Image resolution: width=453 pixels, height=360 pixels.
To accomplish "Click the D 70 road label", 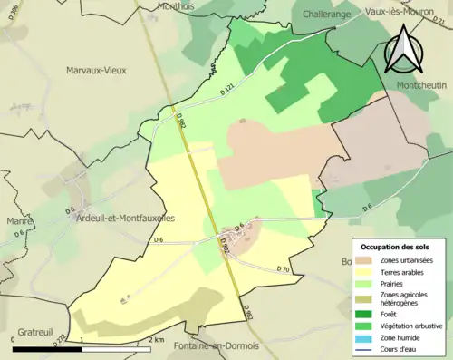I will (282, 268).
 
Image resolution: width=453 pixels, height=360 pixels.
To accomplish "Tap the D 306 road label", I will (12, 11).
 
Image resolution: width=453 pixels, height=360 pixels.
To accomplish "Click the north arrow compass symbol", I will (403, 50).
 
